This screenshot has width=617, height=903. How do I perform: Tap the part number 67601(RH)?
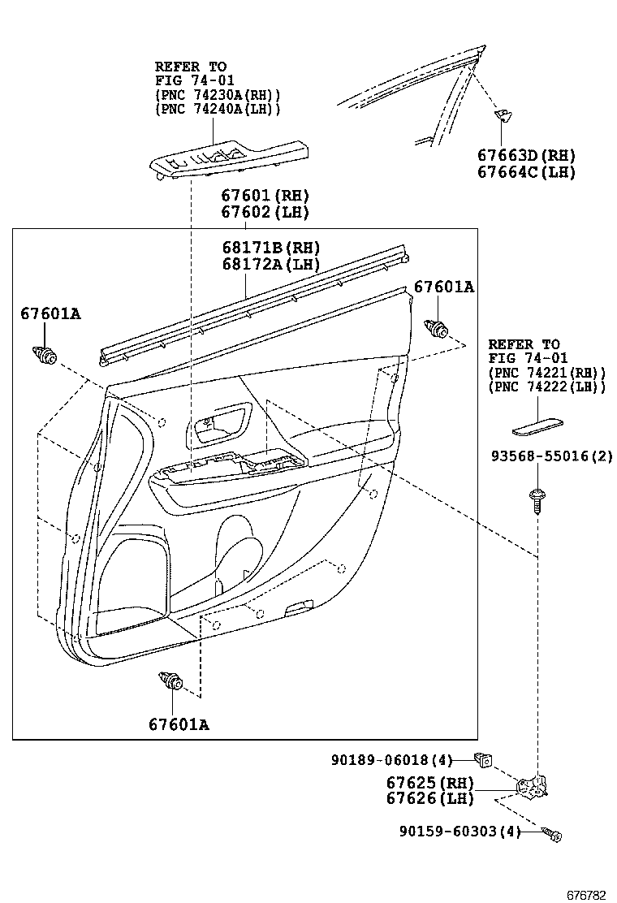[265, 196]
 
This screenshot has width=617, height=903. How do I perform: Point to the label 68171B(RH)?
[270, 248]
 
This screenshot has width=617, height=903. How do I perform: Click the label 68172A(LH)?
[270, 264]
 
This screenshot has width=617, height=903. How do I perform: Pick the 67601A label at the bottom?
[179, 724]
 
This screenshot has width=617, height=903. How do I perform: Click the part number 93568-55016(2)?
[550, 456]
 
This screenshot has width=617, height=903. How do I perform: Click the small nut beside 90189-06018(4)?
[484, 760]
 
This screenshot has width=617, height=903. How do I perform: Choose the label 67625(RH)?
[429, 783]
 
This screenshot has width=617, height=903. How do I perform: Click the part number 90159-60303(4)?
[459, 831]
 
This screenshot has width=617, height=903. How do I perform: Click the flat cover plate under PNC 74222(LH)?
[537, 424]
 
